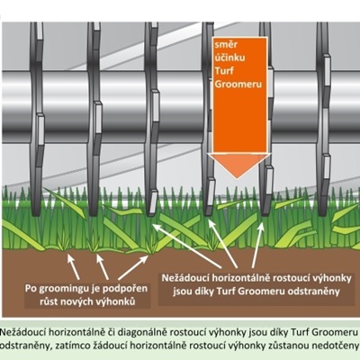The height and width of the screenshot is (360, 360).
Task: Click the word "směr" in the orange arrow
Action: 226,45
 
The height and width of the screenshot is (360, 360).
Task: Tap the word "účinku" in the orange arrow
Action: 229,58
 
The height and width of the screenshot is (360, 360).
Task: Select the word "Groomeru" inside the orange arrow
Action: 238,84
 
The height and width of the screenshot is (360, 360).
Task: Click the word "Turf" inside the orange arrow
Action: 224,71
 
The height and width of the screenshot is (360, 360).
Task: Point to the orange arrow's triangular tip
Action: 237,179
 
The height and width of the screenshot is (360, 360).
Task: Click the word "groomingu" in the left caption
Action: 64,290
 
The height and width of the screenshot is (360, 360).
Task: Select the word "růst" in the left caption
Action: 49,301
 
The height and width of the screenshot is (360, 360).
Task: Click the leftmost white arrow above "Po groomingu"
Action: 74,266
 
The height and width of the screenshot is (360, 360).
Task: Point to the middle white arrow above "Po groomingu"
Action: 103,266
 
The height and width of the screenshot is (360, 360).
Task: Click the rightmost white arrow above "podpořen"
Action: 133,267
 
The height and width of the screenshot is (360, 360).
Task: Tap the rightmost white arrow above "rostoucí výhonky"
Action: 258,245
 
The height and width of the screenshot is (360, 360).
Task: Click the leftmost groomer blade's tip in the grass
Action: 36,214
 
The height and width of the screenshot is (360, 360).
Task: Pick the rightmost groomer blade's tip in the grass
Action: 323,214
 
